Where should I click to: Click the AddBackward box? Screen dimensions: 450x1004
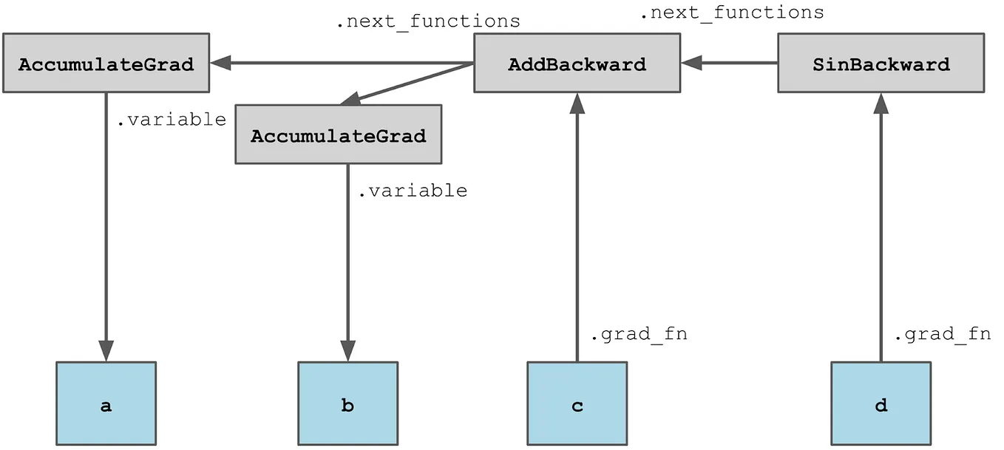[577, 64]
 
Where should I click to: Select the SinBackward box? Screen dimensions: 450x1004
[881, 64]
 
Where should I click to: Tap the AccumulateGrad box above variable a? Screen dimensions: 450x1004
[106, 64]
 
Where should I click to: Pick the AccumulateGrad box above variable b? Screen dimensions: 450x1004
[339, 135]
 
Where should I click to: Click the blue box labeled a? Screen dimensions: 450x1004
[106, 405]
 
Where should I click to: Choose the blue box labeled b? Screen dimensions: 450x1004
[347, 405]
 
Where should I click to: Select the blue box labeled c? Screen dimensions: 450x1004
[577, 405]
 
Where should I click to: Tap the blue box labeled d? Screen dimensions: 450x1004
[881, 405]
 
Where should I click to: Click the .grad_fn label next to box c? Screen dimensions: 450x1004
[638, 334]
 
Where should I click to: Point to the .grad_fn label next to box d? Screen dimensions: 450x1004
[942, 334]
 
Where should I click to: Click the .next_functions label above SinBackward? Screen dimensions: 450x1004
[731, 13]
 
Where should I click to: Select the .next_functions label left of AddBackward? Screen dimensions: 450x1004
[427, 21]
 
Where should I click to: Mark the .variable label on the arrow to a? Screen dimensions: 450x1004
[171, 120]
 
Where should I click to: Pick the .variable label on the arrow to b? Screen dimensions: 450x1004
[412, 191]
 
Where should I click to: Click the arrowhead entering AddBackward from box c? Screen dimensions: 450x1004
[577, 103]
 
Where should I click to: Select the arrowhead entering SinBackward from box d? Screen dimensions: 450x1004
[881, 103]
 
